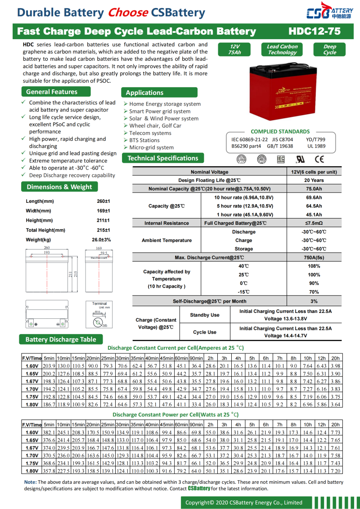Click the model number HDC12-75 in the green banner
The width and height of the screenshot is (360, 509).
tap(315, 31)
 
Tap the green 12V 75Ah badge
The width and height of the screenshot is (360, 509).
tap(234, 49)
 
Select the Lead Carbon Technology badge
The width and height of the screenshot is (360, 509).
tap(282, 49)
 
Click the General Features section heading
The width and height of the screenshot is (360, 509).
tap(51, 92)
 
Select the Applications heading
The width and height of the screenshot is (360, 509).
tap(144, 93)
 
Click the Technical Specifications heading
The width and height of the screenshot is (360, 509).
tap(162, 158)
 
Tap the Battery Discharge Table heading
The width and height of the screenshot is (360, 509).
tap(61, 339)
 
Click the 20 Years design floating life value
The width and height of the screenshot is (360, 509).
tap(314, 180)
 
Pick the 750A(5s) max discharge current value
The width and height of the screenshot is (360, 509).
tap(314, 258)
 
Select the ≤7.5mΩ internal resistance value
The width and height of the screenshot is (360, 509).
tap(314, 223)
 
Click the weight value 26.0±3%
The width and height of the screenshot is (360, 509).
tap(101, 240)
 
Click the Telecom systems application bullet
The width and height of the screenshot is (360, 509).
tap(150, 133)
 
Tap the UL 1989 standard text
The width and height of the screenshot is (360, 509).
tap(316, 146)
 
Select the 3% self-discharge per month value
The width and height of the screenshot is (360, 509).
tap(314, 301)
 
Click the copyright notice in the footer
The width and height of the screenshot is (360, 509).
tap(244, 502)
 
